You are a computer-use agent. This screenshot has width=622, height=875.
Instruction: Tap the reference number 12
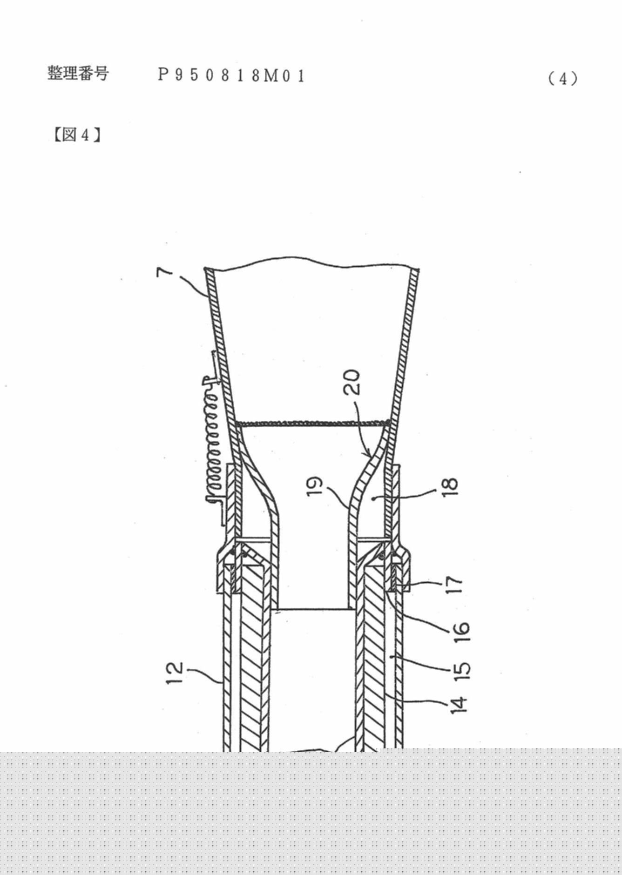coord(176,673)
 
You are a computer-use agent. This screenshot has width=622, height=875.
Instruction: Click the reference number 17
coord(454,584)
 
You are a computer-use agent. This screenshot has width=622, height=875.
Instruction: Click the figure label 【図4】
coord(76,135)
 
